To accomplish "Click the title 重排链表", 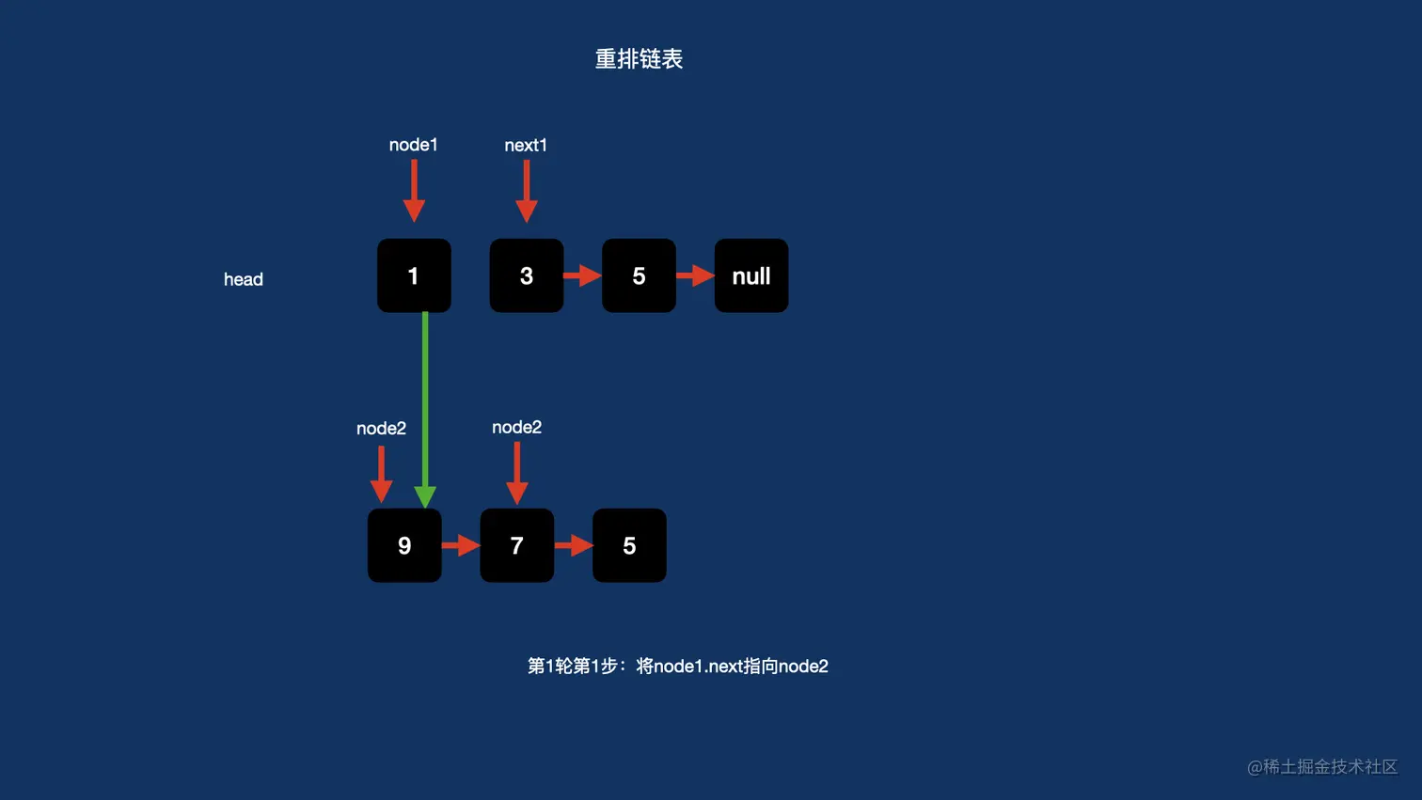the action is click(639, 59).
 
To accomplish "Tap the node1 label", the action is click(413, 145).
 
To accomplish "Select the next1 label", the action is click(526, 146).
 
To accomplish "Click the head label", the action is click(244, 279).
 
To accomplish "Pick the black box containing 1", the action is click(414, 275).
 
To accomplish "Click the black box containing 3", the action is click(527, 275).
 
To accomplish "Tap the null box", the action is click(751, 275).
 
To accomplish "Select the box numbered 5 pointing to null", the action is click(639, 275).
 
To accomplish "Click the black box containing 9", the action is click(404, 545).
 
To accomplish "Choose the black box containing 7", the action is click(516, 545).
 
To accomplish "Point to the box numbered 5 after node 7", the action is click(629, 545).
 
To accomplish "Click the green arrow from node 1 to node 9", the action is click(425, 404).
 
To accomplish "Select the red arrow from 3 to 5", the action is click(582, 275).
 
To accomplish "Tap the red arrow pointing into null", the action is click(695, 275).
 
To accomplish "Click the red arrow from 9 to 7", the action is click(461, 545).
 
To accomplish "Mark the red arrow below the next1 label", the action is click(527, 191).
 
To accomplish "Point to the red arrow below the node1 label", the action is click(414, 191).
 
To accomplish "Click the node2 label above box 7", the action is click(516, 428).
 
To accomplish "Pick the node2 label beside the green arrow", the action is click(381, 429).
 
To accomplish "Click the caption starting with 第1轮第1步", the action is click(677, 667).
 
